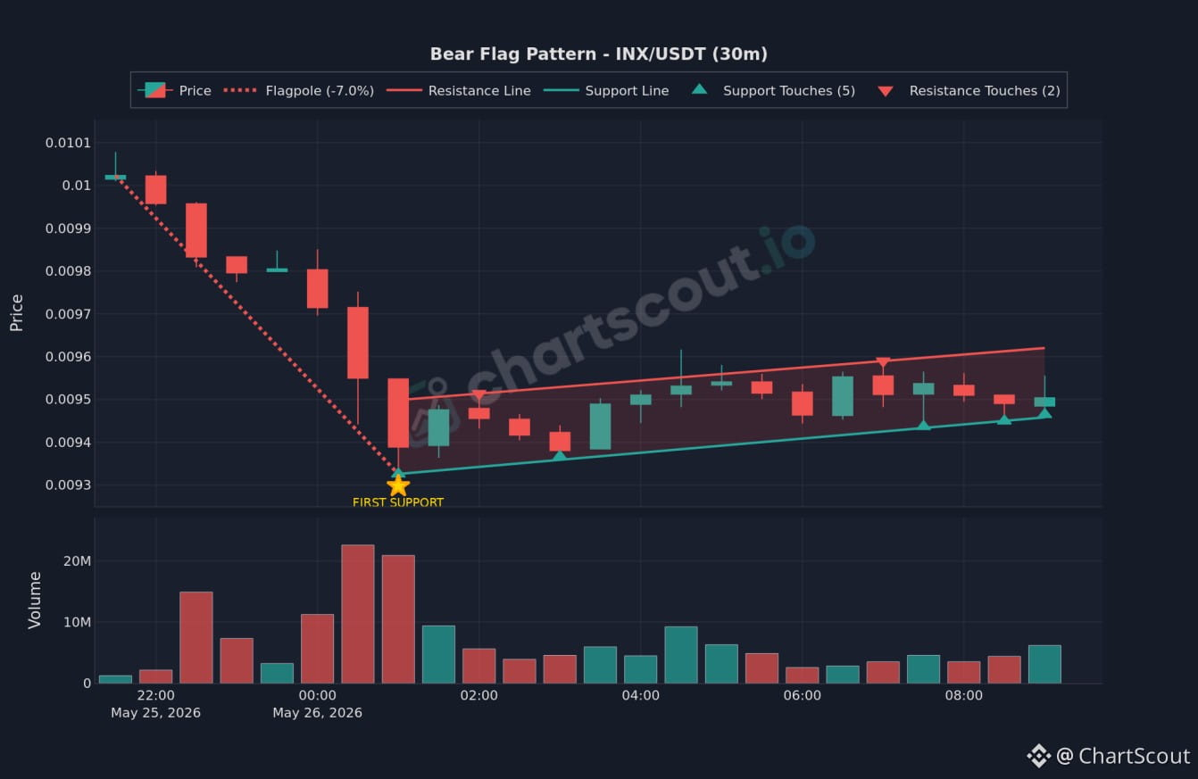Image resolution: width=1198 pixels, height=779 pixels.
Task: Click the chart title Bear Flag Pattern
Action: [x=513, y=54]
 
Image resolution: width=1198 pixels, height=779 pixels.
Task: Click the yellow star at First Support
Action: [x=398, y=486]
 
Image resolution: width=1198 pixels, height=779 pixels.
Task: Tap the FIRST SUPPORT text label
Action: [x=398, y=502]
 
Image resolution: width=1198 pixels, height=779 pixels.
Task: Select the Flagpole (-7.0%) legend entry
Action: [x=298, y=91]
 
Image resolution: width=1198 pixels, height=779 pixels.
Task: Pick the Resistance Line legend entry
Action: [x=458, y=91]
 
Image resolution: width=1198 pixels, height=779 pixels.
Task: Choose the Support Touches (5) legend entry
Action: [x=773, y=91]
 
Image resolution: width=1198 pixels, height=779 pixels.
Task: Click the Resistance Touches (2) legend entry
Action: [x=969, y=91]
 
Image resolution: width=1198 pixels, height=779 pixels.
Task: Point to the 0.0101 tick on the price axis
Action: [x=68, y=143]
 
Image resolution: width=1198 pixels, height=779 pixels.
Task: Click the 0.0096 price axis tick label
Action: [x=68, y=357]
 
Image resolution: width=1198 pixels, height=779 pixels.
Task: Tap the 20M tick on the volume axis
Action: [x=77, y=561]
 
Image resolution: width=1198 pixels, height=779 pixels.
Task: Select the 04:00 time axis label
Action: [x=641, y=695]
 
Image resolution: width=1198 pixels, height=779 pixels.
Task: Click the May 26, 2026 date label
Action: [x=317, y=713]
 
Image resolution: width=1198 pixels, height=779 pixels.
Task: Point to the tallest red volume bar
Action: [x=358, y=614]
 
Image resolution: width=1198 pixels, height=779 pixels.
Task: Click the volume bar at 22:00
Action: [x=155, y=676]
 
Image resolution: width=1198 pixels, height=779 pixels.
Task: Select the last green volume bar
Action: [x=1044, y=664]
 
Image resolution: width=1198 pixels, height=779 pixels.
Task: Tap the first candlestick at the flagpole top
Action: [x=115, y=177]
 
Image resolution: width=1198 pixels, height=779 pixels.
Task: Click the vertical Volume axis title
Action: [x=35, y=600]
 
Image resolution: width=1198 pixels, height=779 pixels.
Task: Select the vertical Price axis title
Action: [x=17, y=313]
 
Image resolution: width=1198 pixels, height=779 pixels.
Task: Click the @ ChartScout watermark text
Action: [x=1123, y=756]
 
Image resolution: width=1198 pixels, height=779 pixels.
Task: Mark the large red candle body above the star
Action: [x=398, y=413]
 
